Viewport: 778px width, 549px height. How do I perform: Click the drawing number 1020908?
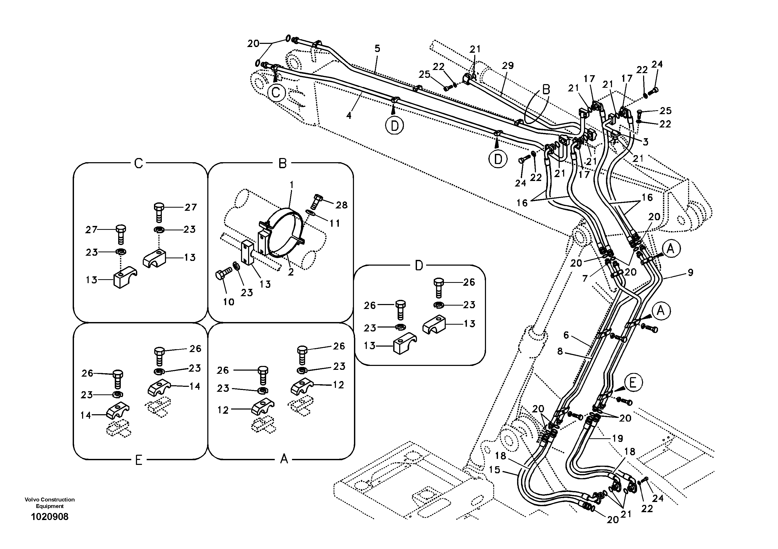(49, 517)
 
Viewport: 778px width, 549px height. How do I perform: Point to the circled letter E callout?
(632, 383)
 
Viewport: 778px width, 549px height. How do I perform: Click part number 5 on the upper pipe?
(377, 48)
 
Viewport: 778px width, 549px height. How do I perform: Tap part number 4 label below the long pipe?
(349, 115)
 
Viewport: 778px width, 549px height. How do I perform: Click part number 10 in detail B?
(229, 302)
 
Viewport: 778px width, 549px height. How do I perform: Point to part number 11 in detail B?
(335, 223)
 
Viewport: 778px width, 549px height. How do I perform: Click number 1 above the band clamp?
(291, 185)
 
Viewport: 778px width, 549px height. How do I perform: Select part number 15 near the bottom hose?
(495, 470)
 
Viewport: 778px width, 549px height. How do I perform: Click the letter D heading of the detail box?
(419, 266)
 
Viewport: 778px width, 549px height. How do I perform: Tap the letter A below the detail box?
(284, 459)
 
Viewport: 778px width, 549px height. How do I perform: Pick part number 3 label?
(645, 142)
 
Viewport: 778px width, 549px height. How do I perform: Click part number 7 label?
(585, 279)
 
